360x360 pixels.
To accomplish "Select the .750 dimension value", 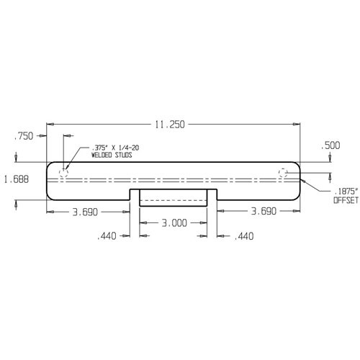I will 24,135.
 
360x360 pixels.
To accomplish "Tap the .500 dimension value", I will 331,145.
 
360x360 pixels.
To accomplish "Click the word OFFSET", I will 344,202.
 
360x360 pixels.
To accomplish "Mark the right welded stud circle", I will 284,172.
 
